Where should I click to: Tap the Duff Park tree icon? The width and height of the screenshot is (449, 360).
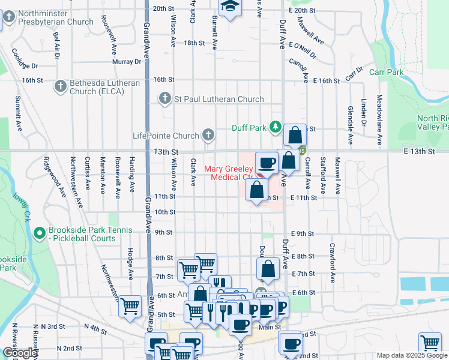click(276, 127)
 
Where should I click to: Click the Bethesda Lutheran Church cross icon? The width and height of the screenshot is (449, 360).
click(60, 87)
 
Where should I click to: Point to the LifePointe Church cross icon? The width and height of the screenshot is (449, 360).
click(208, 134)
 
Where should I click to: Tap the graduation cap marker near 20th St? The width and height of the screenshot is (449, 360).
click(229, 7)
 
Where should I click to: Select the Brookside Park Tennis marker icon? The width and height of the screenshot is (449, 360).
click(40, 232)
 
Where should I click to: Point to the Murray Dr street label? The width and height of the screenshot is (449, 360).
click(127, 61)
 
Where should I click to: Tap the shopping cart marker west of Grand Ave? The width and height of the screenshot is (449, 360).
click(130, 307)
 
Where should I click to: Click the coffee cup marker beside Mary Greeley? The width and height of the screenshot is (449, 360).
click(266, 162)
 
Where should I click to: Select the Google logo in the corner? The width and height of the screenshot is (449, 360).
click(20, 353)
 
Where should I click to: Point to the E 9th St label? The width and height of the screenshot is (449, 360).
click(303, 233)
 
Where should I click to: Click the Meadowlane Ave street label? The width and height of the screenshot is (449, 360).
click(379, 119)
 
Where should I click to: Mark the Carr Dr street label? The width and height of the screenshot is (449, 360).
click(354, 74)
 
